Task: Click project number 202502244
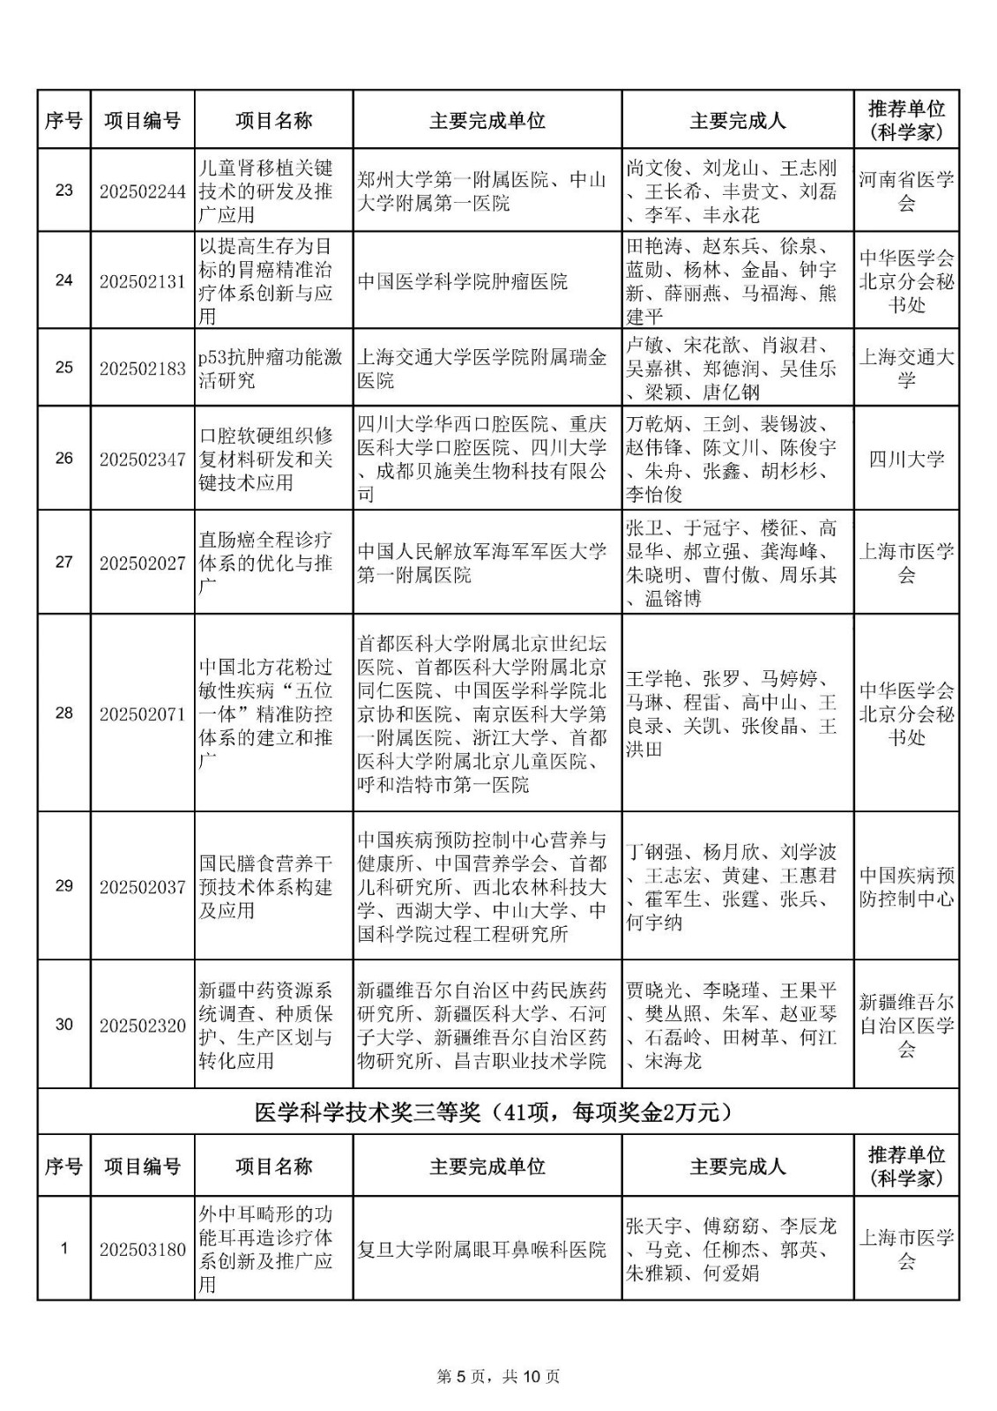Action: [x=142, y=191]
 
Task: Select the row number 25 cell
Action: [x=63, y=368]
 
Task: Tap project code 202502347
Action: [x=142, y=459]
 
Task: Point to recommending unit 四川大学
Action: [x=906, y=459]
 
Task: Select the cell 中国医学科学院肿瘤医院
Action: [x=463, y=281]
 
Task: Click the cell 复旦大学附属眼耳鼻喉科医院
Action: [x=481, y=1250]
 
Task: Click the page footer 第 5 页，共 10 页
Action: [x=498, y=1376]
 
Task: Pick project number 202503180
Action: [x=142, y=1250]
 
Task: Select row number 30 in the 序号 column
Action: [x=63, y=1025]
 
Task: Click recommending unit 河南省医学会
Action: [x=906, y=191]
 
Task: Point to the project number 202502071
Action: [x=142, y=713]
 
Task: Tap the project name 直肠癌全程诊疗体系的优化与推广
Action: [x=266, y=562]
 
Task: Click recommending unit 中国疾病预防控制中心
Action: [x=906, y=887]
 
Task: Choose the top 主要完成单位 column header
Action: [x=487, y=121]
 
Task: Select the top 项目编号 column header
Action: [x=142, y=121]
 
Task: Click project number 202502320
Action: [x=142, y=1025]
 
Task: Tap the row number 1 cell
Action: [x=63, y=1250]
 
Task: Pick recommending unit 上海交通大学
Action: [x=906, y=368]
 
